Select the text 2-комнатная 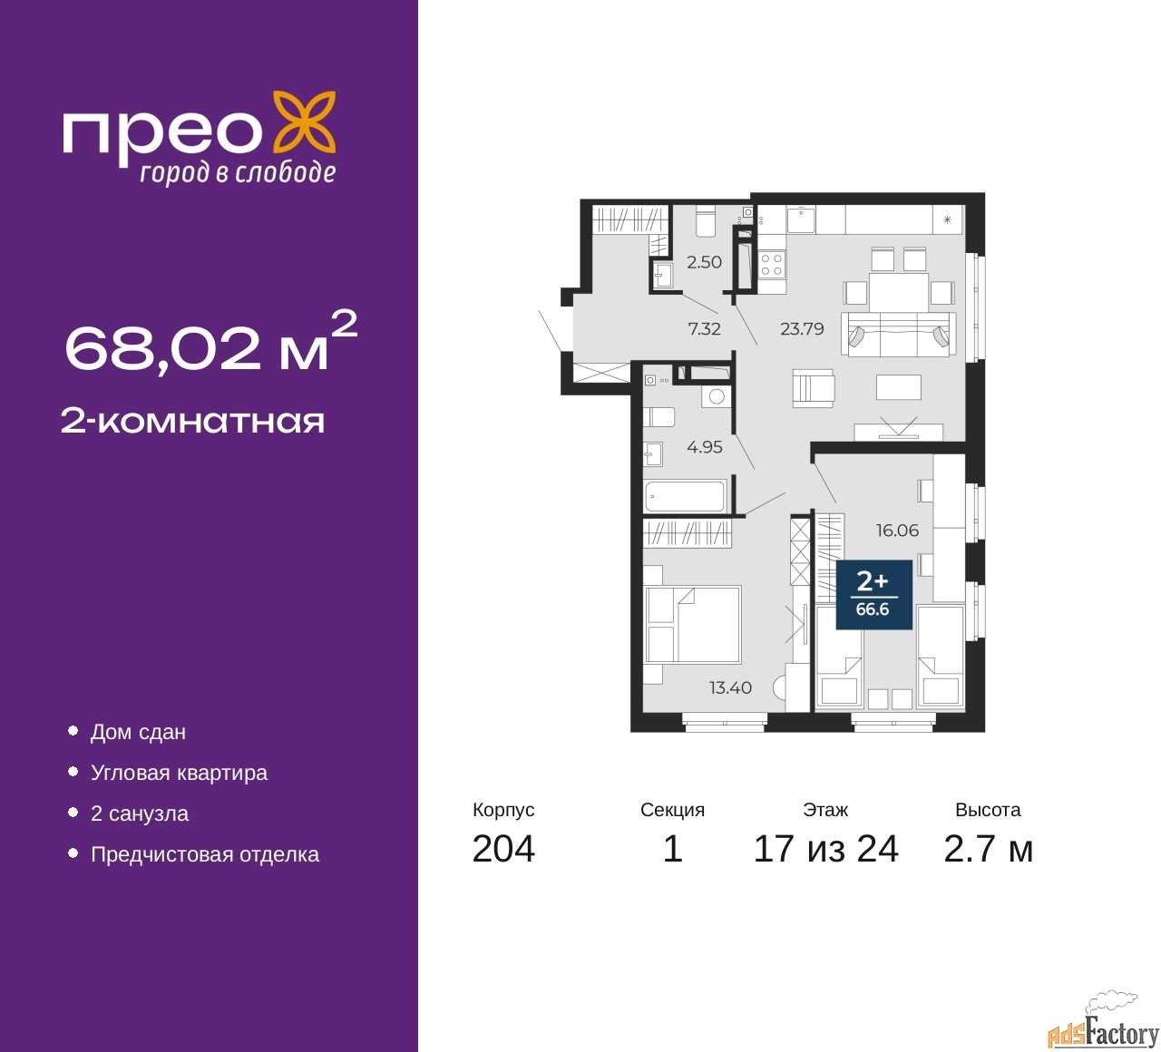click(192, 422)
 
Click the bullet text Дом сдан click(139, 733)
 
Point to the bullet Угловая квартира click(179, 773)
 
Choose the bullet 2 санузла click(140, 813)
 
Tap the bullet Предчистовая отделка click(205, 854)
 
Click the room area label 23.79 click(802, 328)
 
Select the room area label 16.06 click(897, 530)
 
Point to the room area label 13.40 click(730, 687)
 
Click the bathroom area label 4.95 click(705, 447)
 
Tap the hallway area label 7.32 click(704, 328)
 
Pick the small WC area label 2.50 click(704, 262)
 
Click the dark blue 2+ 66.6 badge click(874, 594)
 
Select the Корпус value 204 click(503, 849)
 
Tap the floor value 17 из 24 click(826, 849)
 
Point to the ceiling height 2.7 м click(988, 849)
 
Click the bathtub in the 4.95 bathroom click(685, 496)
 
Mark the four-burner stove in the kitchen click(772, 265)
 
